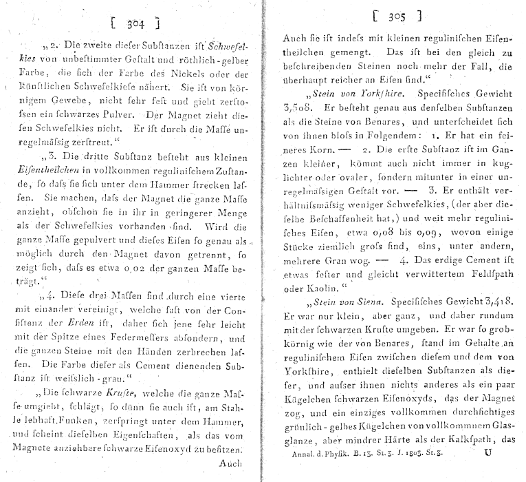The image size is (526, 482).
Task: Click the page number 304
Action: click(135, 25)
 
